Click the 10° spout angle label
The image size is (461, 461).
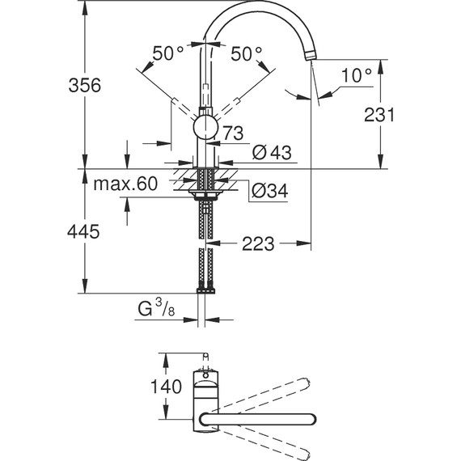355,75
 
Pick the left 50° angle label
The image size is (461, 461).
168,53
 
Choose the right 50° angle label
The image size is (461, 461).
247,53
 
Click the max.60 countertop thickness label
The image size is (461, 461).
124,184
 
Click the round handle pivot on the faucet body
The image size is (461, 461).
205,127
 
